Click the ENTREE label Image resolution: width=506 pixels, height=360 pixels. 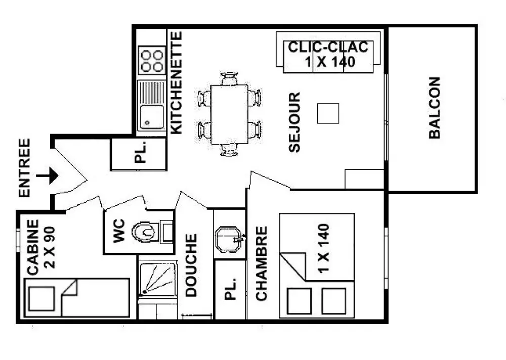coord(24,168)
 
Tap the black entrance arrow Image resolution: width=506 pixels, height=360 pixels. coord(47,176)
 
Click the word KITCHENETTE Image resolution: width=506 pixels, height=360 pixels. coord(176,82)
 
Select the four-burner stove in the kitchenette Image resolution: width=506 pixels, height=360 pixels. coord(152,60)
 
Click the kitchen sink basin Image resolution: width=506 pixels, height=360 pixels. coord(152,117)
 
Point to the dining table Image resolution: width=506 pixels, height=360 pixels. coord(229,114)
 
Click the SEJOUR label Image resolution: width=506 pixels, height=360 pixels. coord(294,122)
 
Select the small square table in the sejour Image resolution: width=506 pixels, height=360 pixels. coord(328,113)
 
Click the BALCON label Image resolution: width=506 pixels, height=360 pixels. coord(435,108)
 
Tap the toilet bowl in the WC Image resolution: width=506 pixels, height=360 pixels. coord(145,232)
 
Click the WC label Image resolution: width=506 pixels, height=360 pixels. coord(119,231)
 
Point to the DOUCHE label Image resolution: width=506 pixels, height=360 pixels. coord(191,265)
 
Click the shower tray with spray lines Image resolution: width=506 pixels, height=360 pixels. coord(157,280)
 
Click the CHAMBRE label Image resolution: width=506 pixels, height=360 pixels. coord(262,263)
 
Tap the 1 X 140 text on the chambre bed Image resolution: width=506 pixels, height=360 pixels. coord(323,248)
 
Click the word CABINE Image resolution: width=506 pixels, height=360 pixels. coord(33,247)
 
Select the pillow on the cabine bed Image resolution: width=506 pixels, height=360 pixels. coord(41,298)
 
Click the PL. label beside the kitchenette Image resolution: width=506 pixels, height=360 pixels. coord(140,152)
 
